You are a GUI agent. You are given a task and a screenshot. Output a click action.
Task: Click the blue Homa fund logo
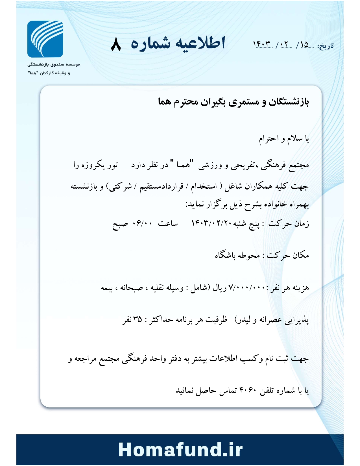click(45, 39)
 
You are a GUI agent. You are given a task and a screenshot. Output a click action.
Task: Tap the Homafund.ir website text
click(180, 449)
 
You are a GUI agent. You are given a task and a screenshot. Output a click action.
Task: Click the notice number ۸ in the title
click(116, 44)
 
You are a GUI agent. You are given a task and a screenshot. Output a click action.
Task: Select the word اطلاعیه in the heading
click(200, 43)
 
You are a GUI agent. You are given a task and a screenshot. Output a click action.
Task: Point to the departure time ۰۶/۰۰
click(143, 224)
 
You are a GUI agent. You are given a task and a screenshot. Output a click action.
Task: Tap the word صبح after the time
click(120, 224)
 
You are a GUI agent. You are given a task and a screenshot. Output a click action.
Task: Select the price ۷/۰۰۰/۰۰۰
click(247, 288)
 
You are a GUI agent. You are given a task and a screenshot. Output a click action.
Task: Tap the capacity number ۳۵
click(138, 319)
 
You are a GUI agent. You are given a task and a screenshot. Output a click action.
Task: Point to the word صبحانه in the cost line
click(132, 288)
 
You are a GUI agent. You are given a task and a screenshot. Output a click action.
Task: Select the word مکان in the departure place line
click(301, 256)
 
